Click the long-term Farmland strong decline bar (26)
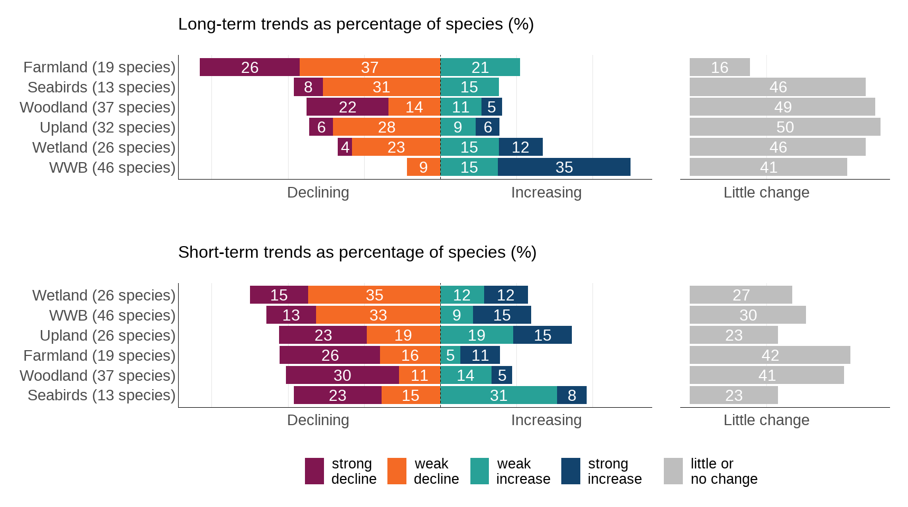[249, 67]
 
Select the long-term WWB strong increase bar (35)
[564, 167]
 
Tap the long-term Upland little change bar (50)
[785, 127]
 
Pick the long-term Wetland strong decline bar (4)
[345, 147]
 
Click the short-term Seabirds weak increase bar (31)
[498, 395]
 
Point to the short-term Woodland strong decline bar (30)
[342, 375]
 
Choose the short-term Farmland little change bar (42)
[770, 355]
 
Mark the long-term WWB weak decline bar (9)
[423, 167]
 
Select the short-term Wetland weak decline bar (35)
[374, 295]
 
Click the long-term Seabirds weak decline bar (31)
[381, 87]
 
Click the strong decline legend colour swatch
[314, 471]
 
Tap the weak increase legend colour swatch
[480, 471]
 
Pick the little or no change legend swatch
[673, 471]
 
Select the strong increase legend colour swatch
[571, 471]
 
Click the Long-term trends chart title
[356, 24]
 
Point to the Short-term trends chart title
[357, 252]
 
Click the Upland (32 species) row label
[108, 127]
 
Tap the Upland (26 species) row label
[108, 335]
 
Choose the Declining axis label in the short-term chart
[318, 420]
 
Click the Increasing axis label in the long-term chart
[546, 192]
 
